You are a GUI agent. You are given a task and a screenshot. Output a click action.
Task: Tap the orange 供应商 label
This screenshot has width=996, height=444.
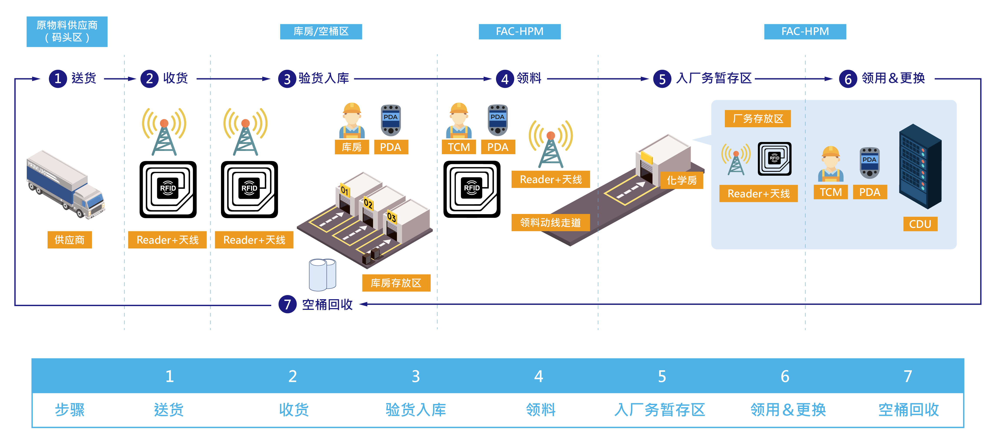tap(70, 240)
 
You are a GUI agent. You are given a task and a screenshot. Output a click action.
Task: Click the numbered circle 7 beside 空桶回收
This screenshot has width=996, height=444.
tap(287, 304)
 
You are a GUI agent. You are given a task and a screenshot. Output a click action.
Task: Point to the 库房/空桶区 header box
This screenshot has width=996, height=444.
tap(321, 31)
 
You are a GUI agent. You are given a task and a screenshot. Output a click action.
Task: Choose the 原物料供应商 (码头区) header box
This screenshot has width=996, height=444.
tap(67, 31)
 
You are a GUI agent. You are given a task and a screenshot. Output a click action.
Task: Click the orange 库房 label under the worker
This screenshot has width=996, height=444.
tap(352, 147)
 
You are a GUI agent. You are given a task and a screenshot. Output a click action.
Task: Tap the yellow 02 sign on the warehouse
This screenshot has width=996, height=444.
tap(368, 204)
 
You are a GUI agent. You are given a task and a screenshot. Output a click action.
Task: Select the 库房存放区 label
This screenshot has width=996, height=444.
tap(396, 283)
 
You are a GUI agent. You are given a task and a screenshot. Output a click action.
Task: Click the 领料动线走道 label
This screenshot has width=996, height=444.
tap(550, 222)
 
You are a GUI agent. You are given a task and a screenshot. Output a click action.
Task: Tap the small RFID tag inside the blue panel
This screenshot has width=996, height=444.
tap(774, 159)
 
